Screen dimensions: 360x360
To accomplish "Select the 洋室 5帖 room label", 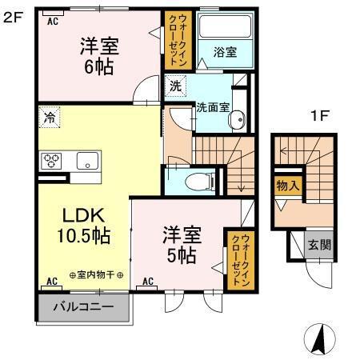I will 182,246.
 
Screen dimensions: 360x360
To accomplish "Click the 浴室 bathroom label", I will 225,52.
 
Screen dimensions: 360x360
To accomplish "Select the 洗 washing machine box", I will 174,82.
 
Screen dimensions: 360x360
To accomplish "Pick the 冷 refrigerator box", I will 50,116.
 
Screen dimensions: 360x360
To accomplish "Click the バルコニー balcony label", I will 82,307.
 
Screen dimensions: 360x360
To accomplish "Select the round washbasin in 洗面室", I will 236,120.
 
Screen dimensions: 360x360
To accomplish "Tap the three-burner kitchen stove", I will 53,159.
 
